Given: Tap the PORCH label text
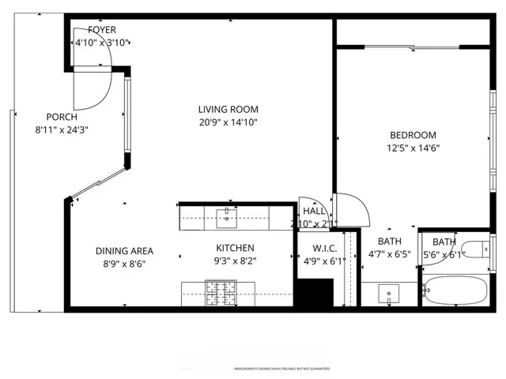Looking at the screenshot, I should (62, 117).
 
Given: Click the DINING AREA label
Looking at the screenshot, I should (124, 251).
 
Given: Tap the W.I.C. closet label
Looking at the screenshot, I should (319, 249).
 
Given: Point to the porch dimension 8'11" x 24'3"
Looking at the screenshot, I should (62, 129).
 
